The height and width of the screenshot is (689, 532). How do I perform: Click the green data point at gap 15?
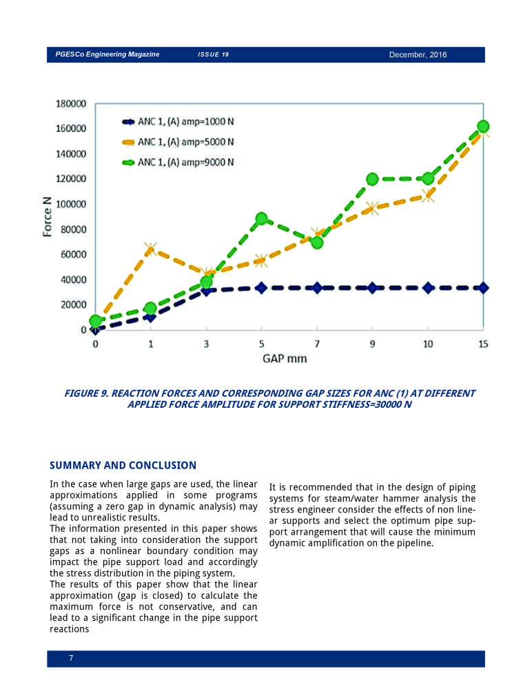click(483, 127)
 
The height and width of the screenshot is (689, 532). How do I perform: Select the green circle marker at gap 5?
click(262, 218)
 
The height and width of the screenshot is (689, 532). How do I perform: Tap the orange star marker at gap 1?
click(150, 249)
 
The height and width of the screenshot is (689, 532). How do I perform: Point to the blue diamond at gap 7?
click(317, 288)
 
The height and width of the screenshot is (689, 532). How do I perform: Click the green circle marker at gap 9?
click(372, 179)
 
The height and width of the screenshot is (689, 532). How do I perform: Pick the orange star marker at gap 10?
click(428, 195)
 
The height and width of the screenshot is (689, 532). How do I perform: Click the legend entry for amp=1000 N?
click(178, 122)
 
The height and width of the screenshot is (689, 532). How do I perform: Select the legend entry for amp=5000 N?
click(178, 142)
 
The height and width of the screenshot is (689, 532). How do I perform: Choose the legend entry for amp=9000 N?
click(178, 162)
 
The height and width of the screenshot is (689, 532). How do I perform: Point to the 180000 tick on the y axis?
click(71, 104)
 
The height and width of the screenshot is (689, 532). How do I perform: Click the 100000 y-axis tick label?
click(71, 204)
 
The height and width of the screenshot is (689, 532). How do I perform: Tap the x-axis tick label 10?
click(428, 344)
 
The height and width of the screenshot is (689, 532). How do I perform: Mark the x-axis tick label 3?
click(206, 344)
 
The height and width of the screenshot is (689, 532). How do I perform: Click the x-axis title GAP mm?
click(285, 358)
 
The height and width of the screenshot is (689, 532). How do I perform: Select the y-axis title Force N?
click(47, 216)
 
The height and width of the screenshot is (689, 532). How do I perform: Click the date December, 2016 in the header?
click(418, 54)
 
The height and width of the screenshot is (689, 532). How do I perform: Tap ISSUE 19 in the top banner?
click(213, 54)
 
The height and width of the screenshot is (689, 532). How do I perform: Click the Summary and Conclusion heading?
click(123, 465)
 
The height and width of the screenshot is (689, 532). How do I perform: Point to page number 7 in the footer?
click(71, 658)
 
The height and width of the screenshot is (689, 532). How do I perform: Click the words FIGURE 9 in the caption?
click(86, 393)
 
